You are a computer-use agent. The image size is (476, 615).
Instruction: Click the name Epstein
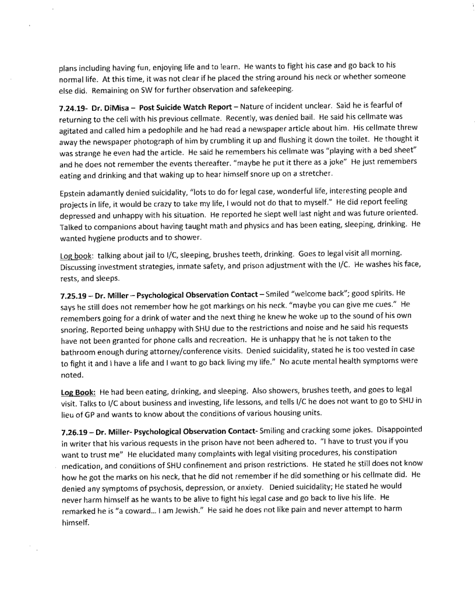pos(74,197)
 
